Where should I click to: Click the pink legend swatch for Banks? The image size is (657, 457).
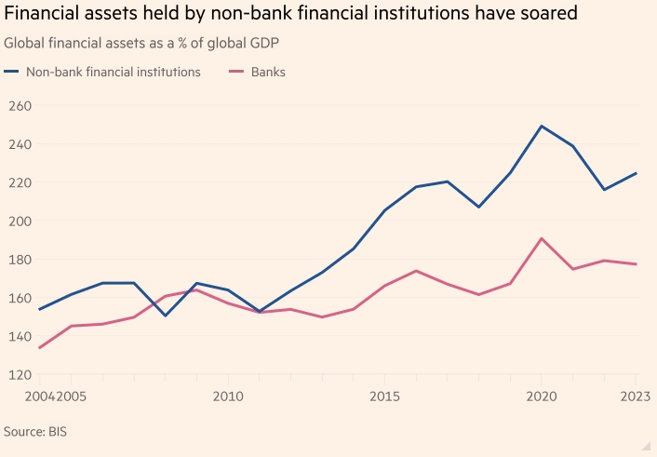(x=236, y=72)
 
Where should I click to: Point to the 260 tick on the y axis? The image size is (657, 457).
(x=19, y=106)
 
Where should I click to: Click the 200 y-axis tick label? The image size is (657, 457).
(x=19, y=222)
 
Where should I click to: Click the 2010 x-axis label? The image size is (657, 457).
(x=228, y=397)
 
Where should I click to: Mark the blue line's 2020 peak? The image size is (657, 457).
(x=543, y=126)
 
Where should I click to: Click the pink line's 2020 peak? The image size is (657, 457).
(x=543, y=238)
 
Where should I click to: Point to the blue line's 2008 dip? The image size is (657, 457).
(x=165, y=316)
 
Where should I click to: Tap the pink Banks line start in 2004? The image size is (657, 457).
(x=39, y=348)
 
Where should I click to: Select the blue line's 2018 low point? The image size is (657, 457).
(x=479, y=207)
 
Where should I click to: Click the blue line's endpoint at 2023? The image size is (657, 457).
(x=637, y=172)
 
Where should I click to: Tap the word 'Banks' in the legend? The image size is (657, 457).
(x=268, y=72)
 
